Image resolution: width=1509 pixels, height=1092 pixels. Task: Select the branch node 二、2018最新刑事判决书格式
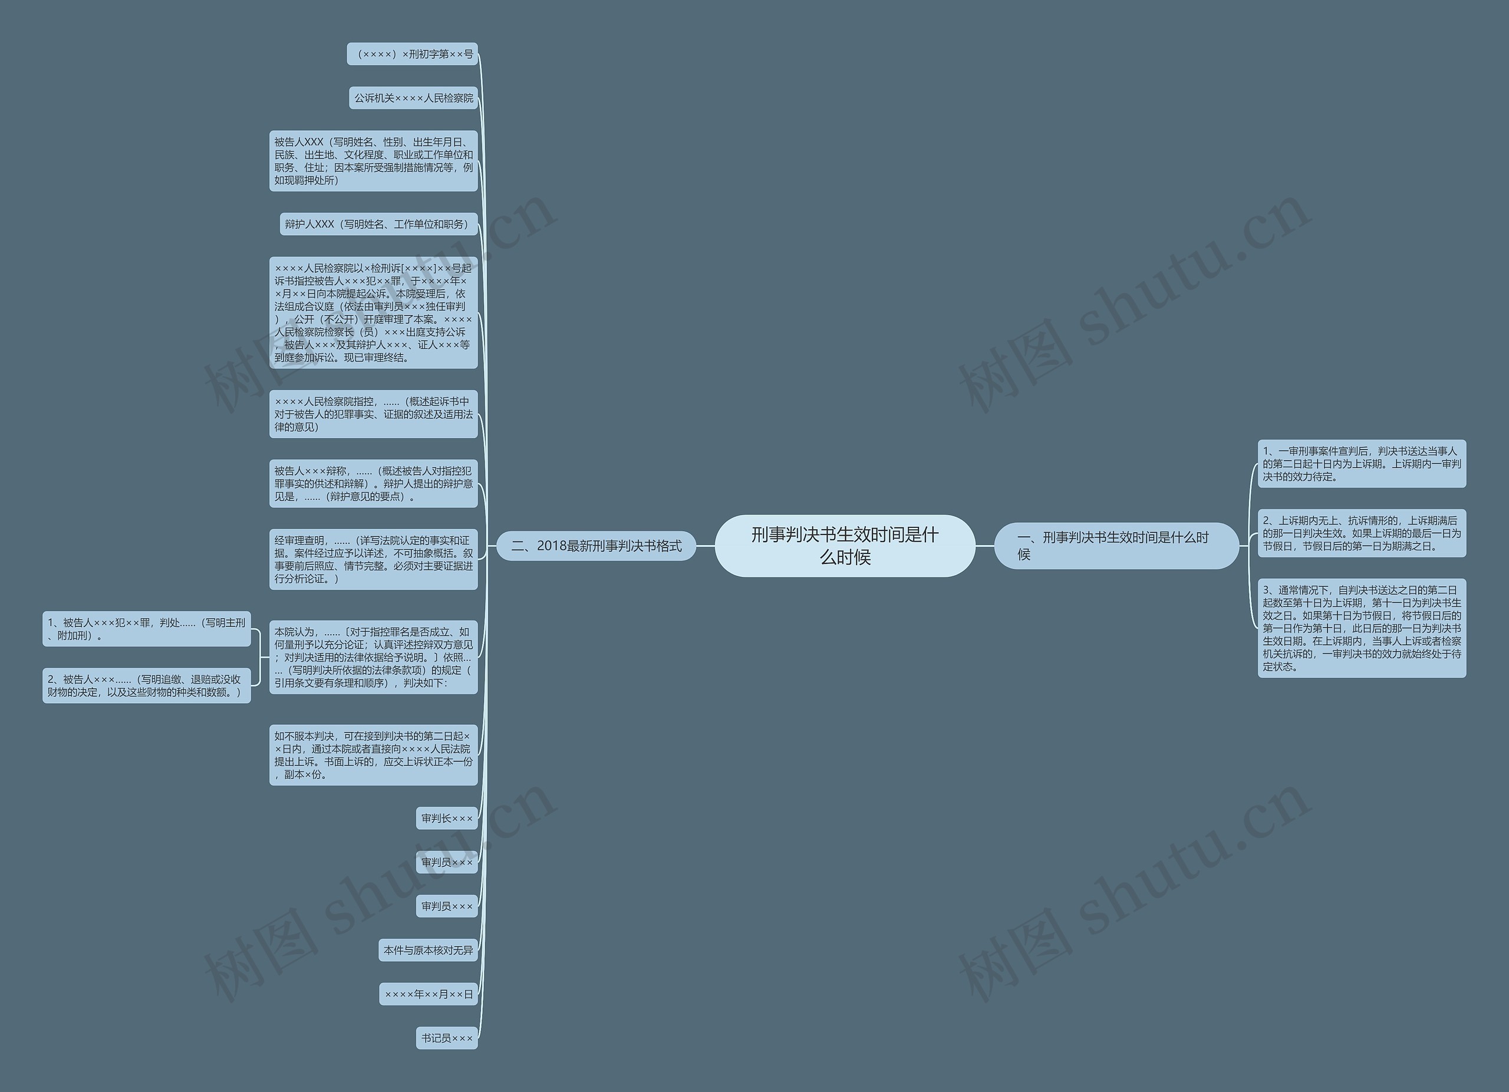point(596,546)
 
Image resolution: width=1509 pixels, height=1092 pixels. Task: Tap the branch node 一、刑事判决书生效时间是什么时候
point(1116,546)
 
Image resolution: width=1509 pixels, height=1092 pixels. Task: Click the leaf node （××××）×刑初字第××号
point(413,54)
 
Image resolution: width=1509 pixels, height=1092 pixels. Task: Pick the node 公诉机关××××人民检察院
point(413,98)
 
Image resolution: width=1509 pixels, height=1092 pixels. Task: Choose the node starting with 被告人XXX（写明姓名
point(373,161)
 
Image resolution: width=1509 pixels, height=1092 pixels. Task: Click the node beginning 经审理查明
point(373,559)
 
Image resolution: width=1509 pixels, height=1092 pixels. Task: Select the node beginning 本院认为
point(373,657)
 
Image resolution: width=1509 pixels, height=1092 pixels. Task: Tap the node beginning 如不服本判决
point(373,755)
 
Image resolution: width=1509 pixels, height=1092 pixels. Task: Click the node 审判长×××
point(446,818)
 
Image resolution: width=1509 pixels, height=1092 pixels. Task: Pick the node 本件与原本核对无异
point(428,951)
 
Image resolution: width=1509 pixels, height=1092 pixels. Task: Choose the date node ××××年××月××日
point(429,994)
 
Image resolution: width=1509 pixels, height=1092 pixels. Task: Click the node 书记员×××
point(446,1038)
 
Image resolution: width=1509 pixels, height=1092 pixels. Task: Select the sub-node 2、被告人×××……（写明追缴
point(146,685)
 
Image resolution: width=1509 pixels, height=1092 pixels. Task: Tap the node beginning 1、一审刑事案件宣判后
point(1361,464)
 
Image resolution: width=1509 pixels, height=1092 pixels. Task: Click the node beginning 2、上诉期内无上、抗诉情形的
point(1361,533)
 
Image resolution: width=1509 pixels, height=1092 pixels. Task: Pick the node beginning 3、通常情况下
point(1361,628)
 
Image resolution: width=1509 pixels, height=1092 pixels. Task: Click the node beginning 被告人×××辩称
point(373,483)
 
